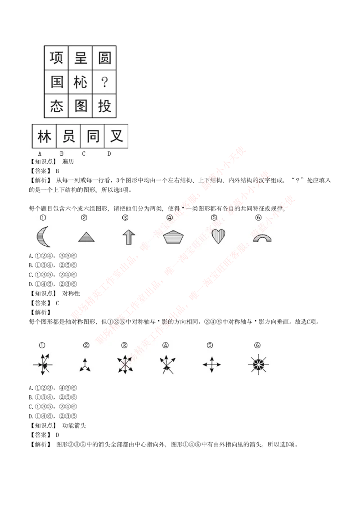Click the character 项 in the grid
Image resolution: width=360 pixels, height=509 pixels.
tap(56, 58)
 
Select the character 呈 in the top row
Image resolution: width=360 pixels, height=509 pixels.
tap(81, 58)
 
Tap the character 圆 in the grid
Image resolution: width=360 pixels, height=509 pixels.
tap(104, 58)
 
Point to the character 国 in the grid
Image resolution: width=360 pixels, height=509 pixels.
tap(56, 82)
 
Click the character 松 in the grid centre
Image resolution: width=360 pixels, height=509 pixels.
tap(81, 82)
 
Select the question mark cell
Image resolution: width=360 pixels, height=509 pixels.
tap(104, 82)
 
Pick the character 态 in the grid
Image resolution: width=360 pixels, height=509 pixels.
tap(56, 106)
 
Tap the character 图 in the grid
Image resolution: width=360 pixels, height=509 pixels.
tap(81, 106)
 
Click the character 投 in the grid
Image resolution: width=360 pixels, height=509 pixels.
tap(104, 106)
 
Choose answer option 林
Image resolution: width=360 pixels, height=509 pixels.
tap(44, 136)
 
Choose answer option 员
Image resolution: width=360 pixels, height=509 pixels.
tap(68, 136)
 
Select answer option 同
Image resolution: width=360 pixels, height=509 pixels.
tap(93, 136)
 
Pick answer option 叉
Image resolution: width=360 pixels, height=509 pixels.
tap(117, 136)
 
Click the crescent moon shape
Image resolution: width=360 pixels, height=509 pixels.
tap(43, 237)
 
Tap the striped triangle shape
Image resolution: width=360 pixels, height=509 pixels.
tap(86, 237)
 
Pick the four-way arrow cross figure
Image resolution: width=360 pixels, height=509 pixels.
tap(211, 364)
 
